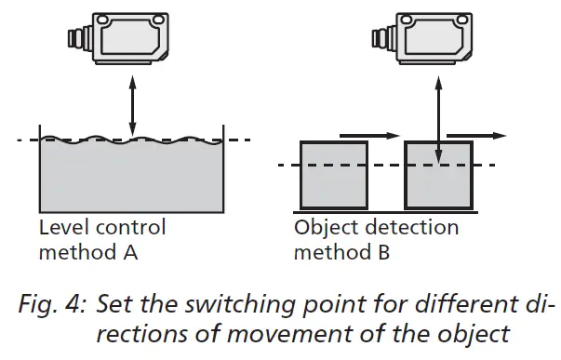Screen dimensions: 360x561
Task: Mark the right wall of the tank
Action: pyautogui.click(x=227, y=167)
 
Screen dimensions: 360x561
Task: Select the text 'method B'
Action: pyautogui.click(x=339, y=252)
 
